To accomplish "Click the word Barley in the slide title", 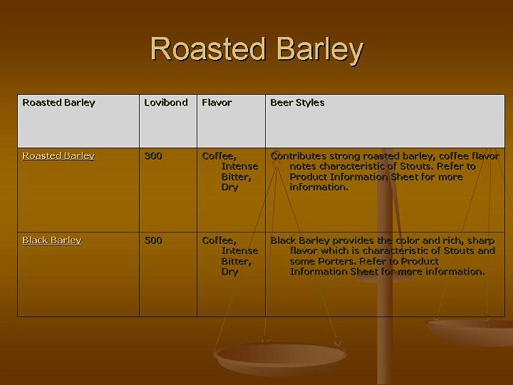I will click(320, 50).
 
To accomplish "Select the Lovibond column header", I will click(166, 103).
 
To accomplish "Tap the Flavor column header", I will click(217, 103).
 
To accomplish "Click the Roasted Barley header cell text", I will click(58, 103).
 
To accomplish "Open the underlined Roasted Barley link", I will click(58, 156).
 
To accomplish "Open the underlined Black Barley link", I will click(52, 240).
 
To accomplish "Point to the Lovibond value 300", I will click(153, 156).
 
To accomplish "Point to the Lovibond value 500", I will click(153, 240).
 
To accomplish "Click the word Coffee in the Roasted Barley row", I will click(219, 156).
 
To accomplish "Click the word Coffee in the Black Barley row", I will click(219, 240).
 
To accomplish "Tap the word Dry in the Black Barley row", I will click(229, 272).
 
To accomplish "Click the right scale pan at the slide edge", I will click(474, 329).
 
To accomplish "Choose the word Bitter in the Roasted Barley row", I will click(236, 177).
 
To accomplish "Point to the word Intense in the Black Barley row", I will click(239, 251).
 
